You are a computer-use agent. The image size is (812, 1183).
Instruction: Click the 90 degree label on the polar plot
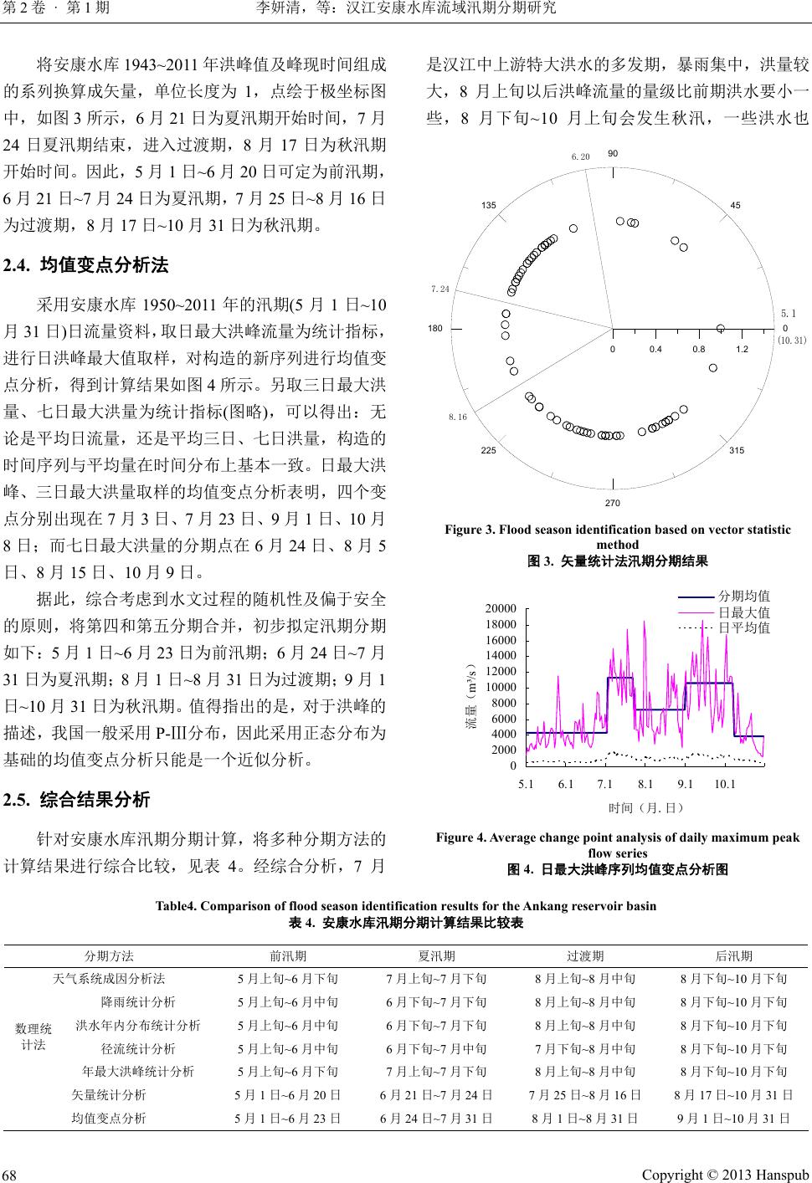pyautogui.click(x=613, y=154)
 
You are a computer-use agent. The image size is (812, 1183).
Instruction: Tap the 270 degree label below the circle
pyautogui.click(x=614, y=503)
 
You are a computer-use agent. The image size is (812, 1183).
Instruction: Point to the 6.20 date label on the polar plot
pyautogui.click(x=581, y=156)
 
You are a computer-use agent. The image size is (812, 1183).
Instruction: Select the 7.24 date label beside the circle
pyautogui.click(x=440, y=289)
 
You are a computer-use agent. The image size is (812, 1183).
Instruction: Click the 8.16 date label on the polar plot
pyautogui.click(x=457, y=416)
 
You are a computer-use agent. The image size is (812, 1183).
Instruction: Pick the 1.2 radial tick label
pyautogui.click(x=742, y=348)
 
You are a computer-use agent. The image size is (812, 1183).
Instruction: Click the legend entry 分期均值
pyautogui.click(x=744, y=597)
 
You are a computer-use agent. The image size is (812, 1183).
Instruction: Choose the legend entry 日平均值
pyautogui.click(x=744, y=627)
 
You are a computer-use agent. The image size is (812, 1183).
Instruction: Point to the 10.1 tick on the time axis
pyautogui.click(x=725, y=784)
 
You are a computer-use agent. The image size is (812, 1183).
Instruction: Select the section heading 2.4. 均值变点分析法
pyautogui.click(x=86, y=267)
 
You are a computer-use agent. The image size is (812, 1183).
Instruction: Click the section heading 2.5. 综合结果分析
pyautogui.click(x=77, y=800)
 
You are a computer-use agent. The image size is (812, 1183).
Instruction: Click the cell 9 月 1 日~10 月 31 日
pyautogui.click(x=733, y=1118)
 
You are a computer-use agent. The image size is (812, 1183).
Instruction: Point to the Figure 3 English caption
pyautogui.click(x=617, y=536)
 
